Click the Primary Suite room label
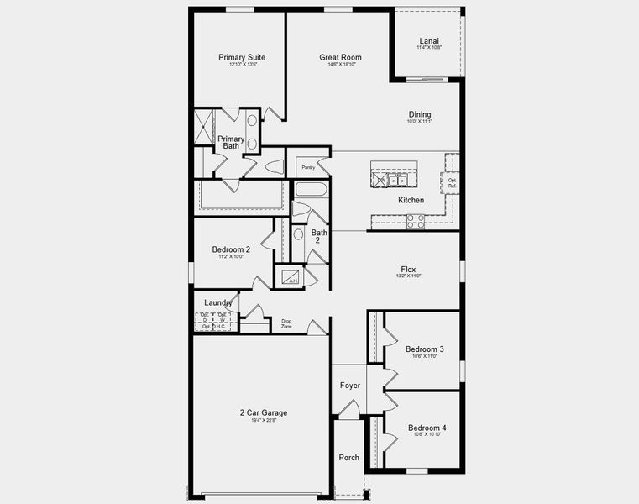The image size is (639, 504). pyautogui.click(x=242, y=57)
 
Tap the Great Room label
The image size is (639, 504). pyautogui.click(x=339, y=57)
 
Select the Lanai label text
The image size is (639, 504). pyautogui.click(x=428, y=40)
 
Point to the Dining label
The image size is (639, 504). pyautogui.click(x=420, y=115)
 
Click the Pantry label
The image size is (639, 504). pyautogui.click(x=309, y=167)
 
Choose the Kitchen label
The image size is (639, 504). pyautogui.click(x=411, y=200)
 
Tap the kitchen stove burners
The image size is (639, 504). pyautogui.click(x=415, y=221)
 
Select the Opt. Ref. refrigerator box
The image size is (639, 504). pyautogui.click(x=452, y=182)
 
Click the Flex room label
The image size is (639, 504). pyautogui.click(x=408, y=270)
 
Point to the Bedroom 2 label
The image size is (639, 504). pyautogui.click(x=231, y=249)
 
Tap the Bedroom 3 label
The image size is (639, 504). pyautogui.click(x=424, y=349)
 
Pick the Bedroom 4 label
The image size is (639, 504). pyautogui.click(x=427, y=428)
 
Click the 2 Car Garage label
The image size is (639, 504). pyautogui.click(x=264, y=412)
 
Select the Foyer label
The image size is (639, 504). pyautogui.click(x=350, y=386)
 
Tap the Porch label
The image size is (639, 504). pyautogui.click(x=348, y=458)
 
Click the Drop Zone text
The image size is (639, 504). pyautogui.click(x=286, y=323)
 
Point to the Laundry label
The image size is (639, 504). pyautogui.click(x=217, y=302)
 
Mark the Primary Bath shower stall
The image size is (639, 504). pyautogui.click(x=204, y=128)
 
